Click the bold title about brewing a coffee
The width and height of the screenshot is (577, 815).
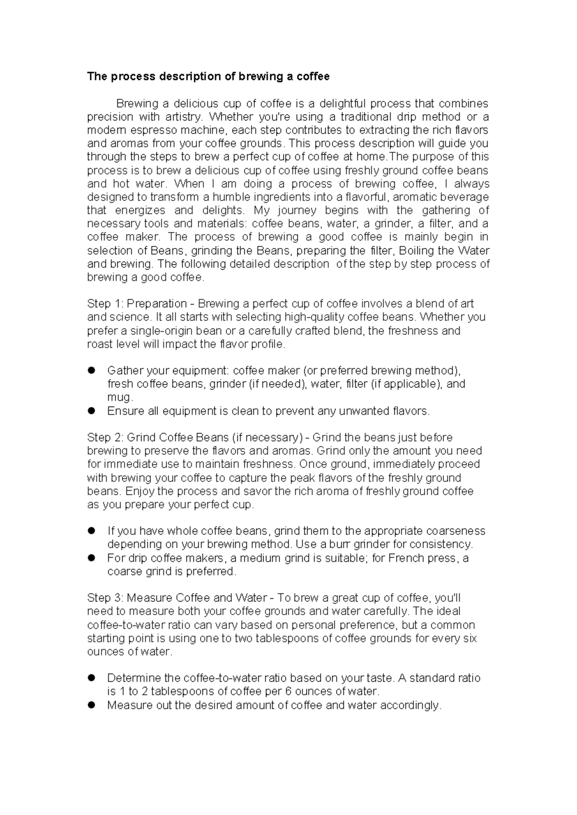tap(208, 76)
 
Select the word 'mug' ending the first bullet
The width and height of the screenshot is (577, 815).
tap(118, 397)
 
